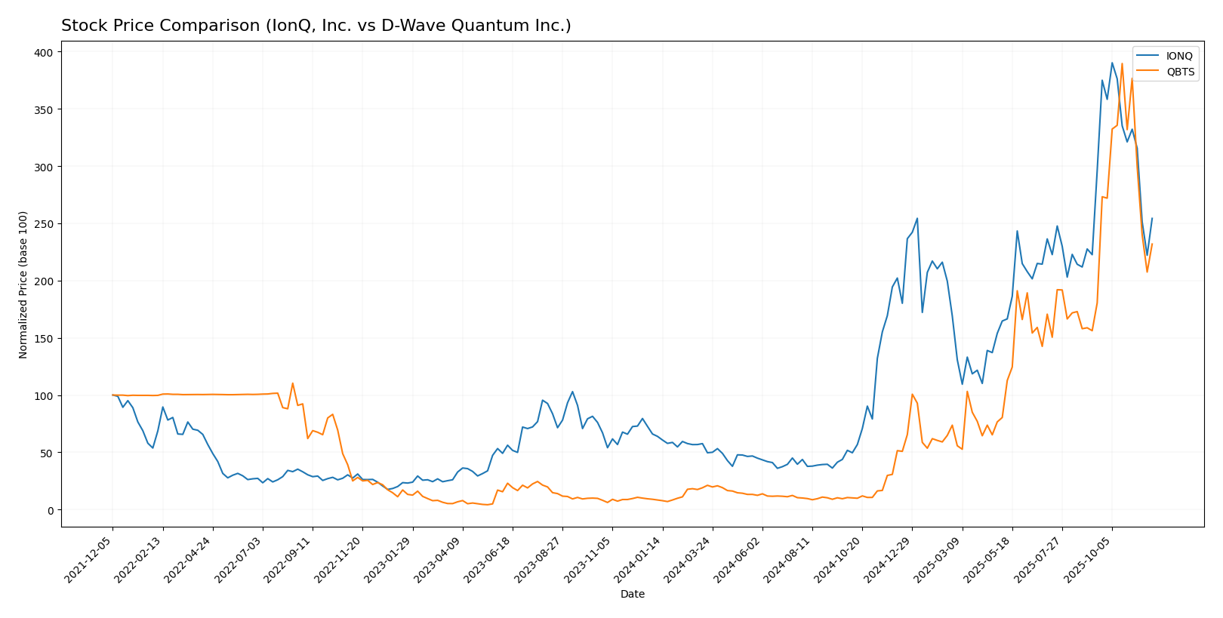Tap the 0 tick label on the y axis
pos(50,510)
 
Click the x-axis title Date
pos(632,595)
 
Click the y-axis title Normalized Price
pos(23,284)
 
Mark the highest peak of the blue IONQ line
pos(1112,63)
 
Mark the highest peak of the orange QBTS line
pos(1122,63)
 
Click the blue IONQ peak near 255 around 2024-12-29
pos(916,219)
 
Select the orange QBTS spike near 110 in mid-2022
pos(293,383)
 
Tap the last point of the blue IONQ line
pos(1152,219)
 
